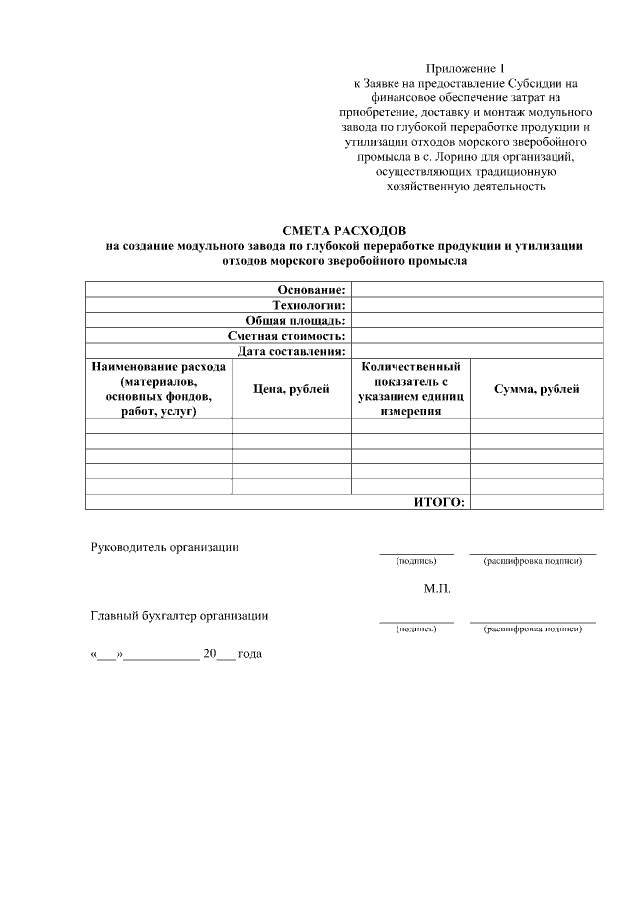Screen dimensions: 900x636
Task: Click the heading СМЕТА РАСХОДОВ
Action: pyautogui.click(x=345, y=230)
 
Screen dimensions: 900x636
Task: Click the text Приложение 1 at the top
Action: pyautogui.click(x=458, y=68)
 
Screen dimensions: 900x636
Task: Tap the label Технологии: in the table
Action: pyautogui.click(x=308, y=305)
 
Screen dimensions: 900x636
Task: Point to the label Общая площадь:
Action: pyautogui.click(x=295, y=321)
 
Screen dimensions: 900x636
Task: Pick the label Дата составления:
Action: pyautogui.click(x=291, y=351)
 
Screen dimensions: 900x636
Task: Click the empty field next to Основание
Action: pyautogui.click(x=477, y=289)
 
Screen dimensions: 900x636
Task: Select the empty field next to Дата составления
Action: pyautogui.click(x=477, y=351)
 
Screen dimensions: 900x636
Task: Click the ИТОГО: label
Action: pyautogui.click(x=439, y=503)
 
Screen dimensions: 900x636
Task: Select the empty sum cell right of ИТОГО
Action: pyautogui.click(x=537, y=503)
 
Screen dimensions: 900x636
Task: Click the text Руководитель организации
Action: pyautogui.click(x=165, y=546)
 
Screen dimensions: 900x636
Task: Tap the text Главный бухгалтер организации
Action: pyautogui.click(x=180, y=615)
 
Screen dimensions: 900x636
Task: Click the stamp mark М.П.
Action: pyautogui.click(x=437, y=589)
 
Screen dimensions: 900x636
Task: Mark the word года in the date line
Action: pyautogui.click(x=249, y=655)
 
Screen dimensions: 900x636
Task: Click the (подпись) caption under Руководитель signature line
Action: pyautogui.click(x=415, y=561)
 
